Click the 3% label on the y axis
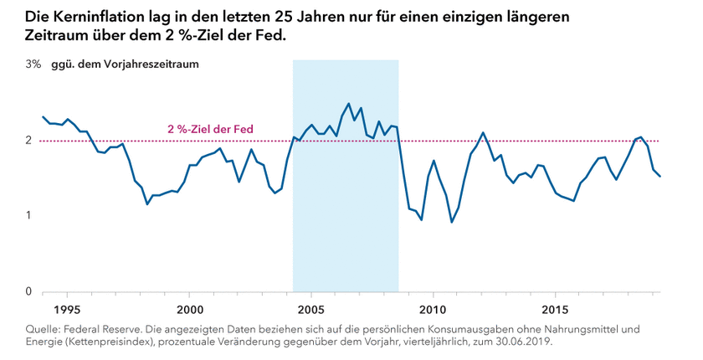[x=33, y=64]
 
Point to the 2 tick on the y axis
[x=28, y=140]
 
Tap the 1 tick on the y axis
[x=28, y=215]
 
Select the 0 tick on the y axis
[x=28, y=291]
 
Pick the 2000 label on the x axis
[x=189, y=307]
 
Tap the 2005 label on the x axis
[x=311, y=307]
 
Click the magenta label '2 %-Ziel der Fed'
[x=210, y=130]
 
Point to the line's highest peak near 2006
[x=348, y=104]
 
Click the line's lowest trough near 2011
[x=452, y=222]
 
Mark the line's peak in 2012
[x=483, y=132]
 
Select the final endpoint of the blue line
[x=660, y=177]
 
